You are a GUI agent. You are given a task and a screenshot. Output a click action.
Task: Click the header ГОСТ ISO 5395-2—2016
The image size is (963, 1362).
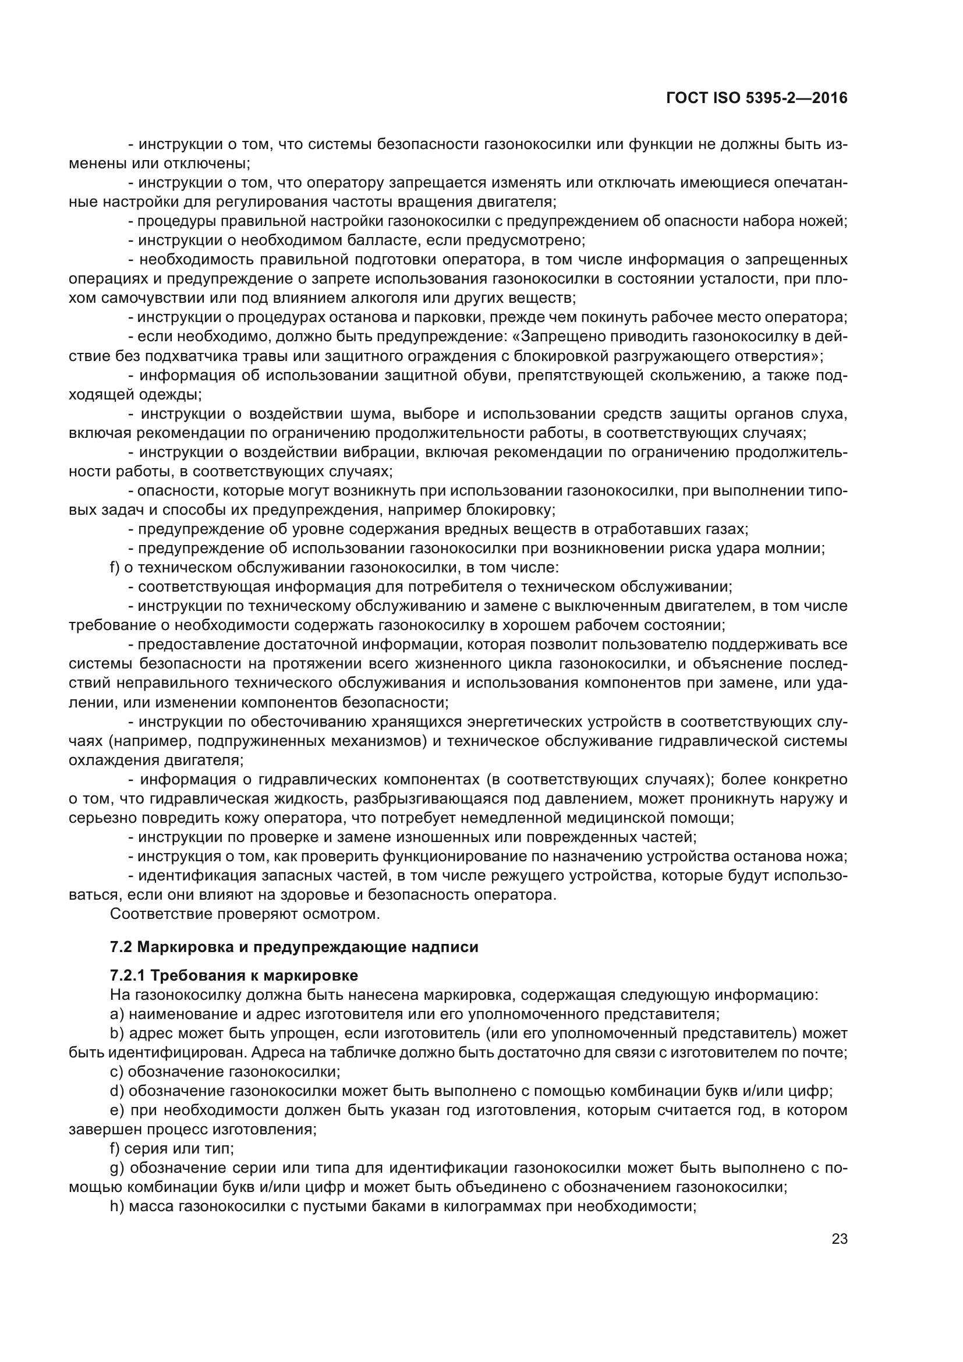(757, 98)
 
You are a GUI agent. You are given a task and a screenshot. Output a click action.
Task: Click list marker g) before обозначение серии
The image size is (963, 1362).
(116, 1168)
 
